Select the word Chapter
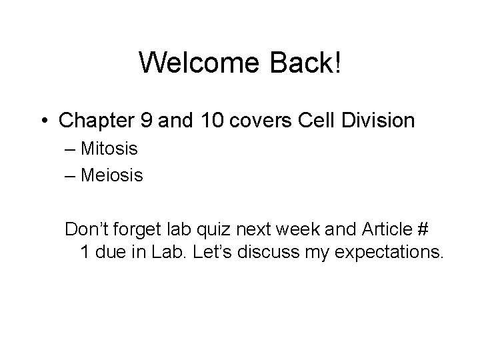click(99, 121)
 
